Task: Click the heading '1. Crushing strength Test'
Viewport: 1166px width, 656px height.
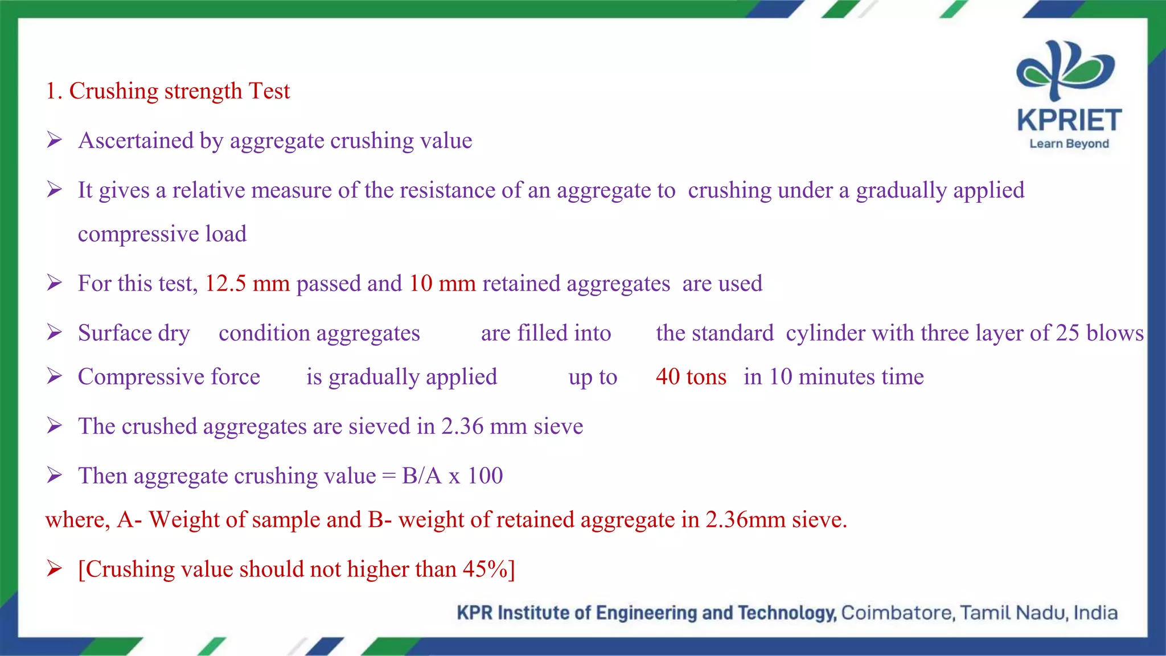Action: click(x=168, y=91)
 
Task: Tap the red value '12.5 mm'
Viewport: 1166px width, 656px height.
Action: click(x=247, y=284)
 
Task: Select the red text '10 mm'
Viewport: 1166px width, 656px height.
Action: click(x=442, y=284)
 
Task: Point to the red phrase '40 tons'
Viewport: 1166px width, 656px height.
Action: click(x=691, y=377)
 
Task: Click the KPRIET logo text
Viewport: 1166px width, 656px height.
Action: click(x=1069, y=121)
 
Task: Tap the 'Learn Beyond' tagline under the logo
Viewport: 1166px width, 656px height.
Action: click(x=1069, y=144)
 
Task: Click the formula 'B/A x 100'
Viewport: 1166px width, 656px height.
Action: click(x=452, y=476)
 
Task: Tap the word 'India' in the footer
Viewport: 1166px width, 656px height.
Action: click(x=1095, y=613)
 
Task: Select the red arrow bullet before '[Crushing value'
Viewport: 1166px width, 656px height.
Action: click(x=55, y=568)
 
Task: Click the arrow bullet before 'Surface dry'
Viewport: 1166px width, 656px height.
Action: click(x=55, y=332)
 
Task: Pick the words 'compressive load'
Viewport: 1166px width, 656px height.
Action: click(x=162, y=234)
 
